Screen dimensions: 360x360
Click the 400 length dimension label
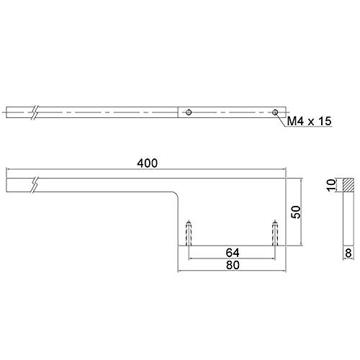click(148, 163)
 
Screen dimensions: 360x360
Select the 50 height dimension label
click(296, 212)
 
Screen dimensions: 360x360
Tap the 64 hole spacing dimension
click(233, 253)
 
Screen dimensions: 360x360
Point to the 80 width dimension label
click(233, 265)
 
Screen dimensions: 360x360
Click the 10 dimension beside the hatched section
click(331, 185)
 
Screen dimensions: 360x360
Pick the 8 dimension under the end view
click(348, 253)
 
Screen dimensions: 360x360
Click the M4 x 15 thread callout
click(309, 121)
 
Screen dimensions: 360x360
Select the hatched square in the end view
click(348, 185)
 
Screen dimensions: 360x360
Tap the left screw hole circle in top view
click(189, 112)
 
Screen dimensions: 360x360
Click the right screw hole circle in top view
click(275, 112)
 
